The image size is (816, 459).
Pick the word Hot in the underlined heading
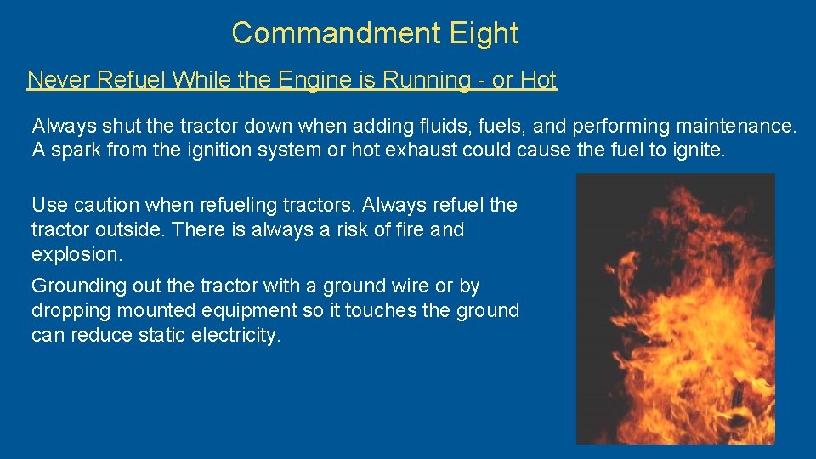pos(538,80)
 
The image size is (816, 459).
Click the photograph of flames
pos(676,309)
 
